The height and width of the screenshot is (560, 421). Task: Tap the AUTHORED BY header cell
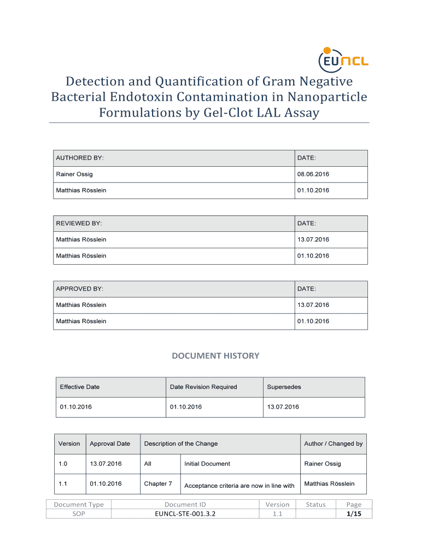[x=80, y=158]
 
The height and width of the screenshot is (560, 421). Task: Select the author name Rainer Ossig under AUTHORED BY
[x=74, y=174]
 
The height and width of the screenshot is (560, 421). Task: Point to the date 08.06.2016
[x=313, y=174]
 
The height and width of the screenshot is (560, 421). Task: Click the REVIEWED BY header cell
[x=79, y=224]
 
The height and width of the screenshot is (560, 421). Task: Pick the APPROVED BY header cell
[x=80, y=289]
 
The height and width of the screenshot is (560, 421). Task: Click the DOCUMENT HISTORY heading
[x=215, y=356]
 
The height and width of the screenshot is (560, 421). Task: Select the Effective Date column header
[x=80, y=387]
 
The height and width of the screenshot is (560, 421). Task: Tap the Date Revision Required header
[x=203, y=387]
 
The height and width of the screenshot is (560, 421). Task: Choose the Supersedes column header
[x=284, y=387]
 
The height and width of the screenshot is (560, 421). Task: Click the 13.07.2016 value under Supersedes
[x=283, y=407]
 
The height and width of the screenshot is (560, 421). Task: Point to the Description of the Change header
[x=181, y=444]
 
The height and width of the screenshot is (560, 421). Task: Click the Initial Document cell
[x=207, y=464]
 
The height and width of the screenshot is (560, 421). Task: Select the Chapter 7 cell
[x=158, y=484]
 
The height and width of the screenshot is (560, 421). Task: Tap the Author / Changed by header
[x=333, y=444]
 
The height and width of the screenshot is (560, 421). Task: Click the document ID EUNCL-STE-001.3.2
[x=185, y=514]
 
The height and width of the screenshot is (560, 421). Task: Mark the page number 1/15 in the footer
[x=354, y=514]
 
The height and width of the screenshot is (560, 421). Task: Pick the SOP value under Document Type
[x=79, y=514]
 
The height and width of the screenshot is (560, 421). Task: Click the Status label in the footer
[x=316, y=505]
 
